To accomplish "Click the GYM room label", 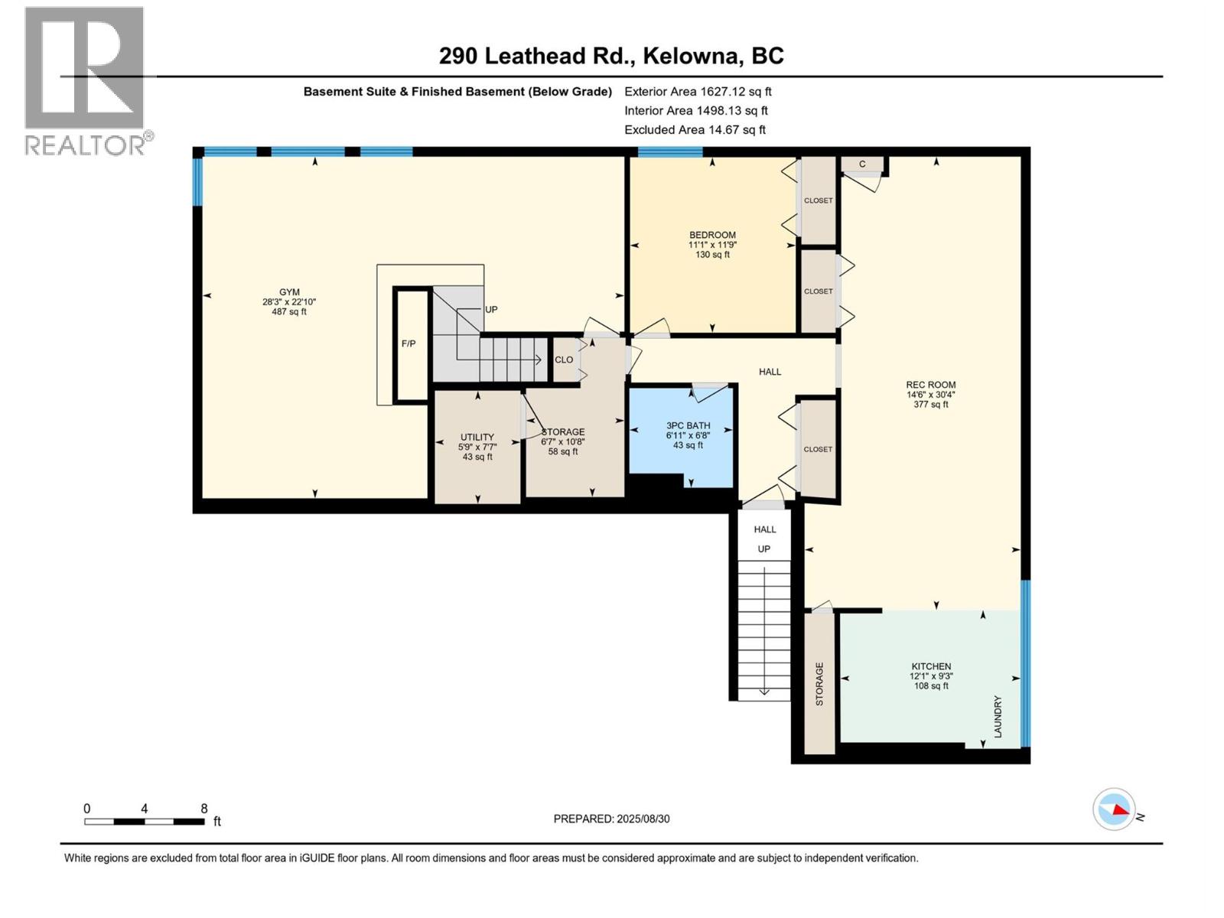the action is pyautogui.click(x=289, y=291).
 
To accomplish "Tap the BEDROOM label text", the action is pyautogui.click(x=712, y=235).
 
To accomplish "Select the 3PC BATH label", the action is pyautogui.click(x=688, y=425).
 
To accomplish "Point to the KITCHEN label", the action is pyautogui.click(x=931, y=666).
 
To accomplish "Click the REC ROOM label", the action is pyautogui.click(x=931, y=385).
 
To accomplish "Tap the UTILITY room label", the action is pyautogui.click(x=477, y=437).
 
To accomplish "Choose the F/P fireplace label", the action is pyautogui.click(x=409, y=344).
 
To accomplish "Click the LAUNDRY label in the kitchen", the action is pyautogui.click(x=998, y=716).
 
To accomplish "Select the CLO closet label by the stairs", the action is pyautogui.click(x=564, y=360).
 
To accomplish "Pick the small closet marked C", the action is pyautogui.click(x=862, y=164).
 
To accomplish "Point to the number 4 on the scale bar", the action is pyautogui.click(x=145, y=808).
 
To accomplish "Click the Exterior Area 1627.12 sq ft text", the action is pyautogui.click(x=698, y=91).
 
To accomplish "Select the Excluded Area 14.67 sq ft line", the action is pyautogui.click(x=695, y=130).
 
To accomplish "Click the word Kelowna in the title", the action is pyautogui.click(x=692, y=56).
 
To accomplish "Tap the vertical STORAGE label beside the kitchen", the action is pyautogui.click(x=819, y=684).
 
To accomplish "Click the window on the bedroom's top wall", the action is pyautogui.click(x=670, y=151).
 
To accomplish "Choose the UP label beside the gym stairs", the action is pyautogui.click(x=491, y=309).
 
